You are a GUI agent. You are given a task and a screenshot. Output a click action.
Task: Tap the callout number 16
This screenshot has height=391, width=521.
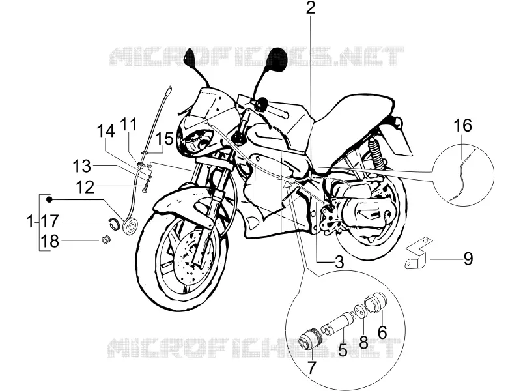(x=463, y=126)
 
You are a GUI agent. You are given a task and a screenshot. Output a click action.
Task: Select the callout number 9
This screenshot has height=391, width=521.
(x=468, y=258)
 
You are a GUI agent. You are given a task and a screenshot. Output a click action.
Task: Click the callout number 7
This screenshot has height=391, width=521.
(x=311, y=367)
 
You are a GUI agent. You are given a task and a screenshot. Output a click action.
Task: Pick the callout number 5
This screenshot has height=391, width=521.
(x=343, y=350)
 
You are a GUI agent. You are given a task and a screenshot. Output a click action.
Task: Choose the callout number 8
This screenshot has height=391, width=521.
(x=364, y=341)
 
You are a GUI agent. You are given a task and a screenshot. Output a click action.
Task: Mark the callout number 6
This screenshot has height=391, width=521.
(x=382, y=332)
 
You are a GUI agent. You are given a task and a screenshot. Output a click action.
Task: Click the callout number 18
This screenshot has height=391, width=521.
(x=50, y=241)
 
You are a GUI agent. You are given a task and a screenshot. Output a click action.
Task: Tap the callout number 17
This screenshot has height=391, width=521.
(x=50, y=221)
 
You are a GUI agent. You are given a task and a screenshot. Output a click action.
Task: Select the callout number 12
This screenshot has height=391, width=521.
(x=85, y=187)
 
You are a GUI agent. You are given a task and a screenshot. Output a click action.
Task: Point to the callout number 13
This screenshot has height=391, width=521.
(x=82, y=166)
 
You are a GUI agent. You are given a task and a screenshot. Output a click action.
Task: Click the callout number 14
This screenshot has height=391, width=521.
(x=106, y=131)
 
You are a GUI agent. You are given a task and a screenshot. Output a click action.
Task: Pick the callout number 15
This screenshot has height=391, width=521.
(x=165, y=138)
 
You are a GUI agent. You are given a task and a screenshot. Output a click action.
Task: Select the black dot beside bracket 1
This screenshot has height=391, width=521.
(x=49, y=199)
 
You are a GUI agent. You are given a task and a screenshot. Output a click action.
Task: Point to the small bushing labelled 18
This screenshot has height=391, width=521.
(x=106, y=239)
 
